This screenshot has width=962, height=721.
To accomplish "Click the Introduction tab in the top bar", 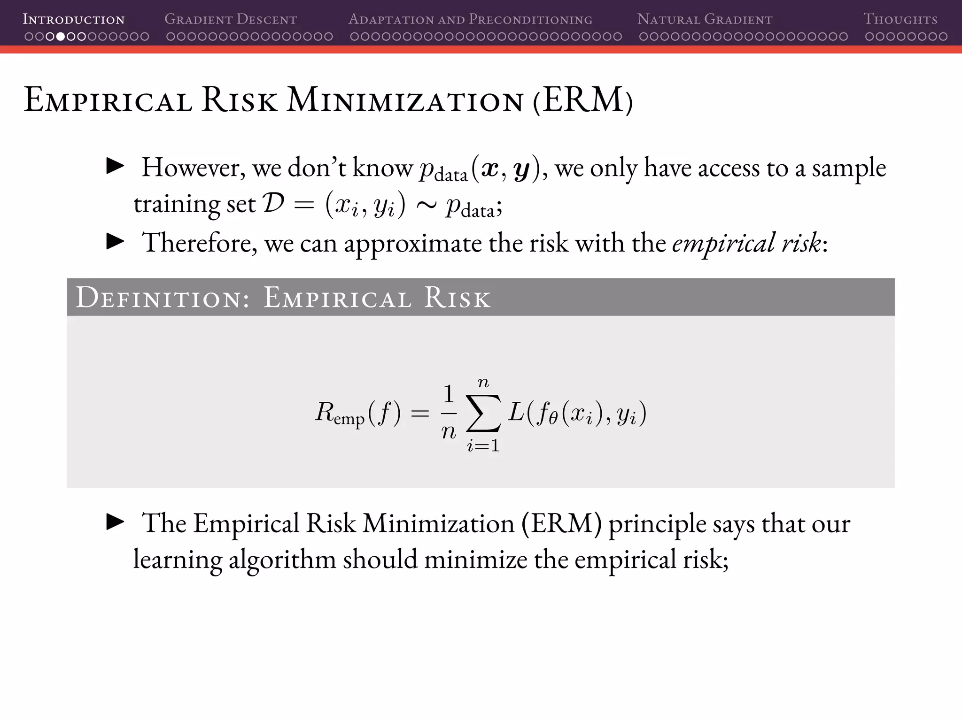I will pyautogui.click(x=74, y=20).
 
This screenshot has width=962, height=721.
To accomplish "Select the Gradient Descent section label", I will pyautogui.click(x=231, y=20).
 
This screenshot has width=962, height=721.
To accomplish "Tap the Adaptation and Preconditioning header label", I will pyautogui.click(x=470, y=20).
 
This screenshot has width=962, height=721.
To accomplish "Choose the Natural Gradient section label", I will pyautogui.click(x=705, y=20).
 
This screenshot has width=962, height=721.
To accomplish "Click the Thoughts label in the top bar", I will pyautogui.click(x=900, y=20).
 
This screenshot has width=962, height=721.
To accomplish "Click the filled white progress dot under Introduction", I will pyautogui.click(x=60, y=37).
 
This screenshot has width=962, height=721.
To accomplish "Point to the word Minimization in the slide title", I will pyautogui.click(x=405, y=100).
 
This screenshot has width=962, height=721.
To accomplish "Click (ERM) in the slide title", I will pyautogui.click(x=583, y=100).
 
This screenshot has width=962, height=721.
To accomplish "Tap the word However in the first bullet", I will pyautogui.click(x=194, y=168).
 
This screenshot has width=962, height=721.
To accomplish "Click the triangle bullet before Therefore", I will pyautogui.click(x=116, y=242).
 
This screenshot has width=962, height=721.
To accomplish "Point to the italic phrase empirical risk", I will pyautogui.click(x=746, y=243).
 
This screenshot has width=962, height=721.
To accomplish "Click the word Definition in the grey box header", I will pyautogui.click(x=163, y=298).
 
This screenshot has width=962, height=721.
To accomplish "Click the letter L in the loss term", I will pyautogui.click(x=516, y=413).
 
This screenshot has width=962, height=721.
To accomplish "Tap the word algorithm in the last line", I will pyautogui.click(x=282, y=560).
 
